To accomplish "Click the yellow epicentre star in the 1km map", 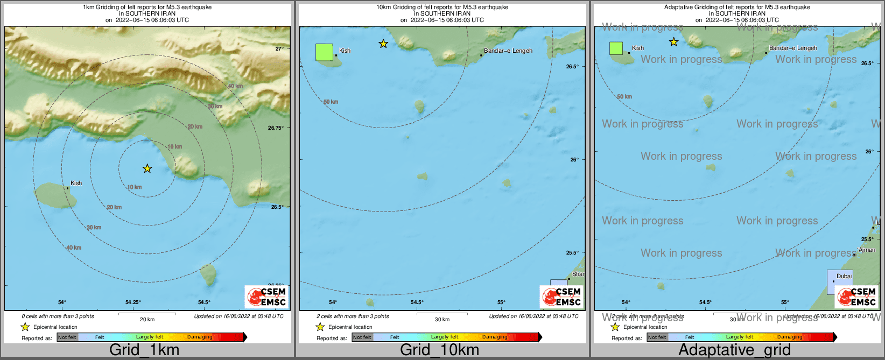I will (147, 169).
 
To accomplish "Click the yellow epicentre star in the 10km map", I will (383, 44).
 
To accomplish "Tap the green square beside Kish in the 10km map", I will (324, 52).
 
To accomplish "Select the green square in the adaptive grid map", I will (616, 48).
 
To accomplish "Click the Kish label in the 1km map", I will (76, 183).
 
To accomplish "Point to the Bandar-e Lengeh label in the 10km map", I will (508, 51).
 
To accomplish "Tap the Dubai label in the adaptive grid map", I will (844, 276).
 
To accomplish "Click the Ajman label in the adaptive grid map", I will (867, 250).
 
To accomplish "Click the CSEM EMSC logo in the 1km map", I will (266, 297).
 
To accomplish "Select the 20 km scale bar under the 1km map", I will (147, 313).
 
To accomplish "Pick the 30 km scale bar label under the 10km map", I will (442, 320).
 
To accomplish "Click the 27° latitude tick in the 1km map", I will (279, 49).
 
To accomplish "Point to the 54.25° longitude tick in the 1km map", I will (133, 302).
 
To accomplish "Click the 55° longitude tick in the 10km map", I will (501, 302).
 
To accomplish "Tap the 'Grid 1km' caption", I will (144, 350).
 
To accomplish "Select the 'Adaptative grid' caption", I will (734, 350).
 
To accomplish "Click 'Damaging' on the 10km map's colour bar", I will (495, 337).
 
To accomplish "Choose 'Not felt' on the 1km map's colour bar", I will (67, 337).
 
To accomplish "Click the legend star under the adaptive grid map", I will (615, 327).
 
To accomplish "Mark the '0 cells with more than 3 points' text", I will (58, 316).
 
